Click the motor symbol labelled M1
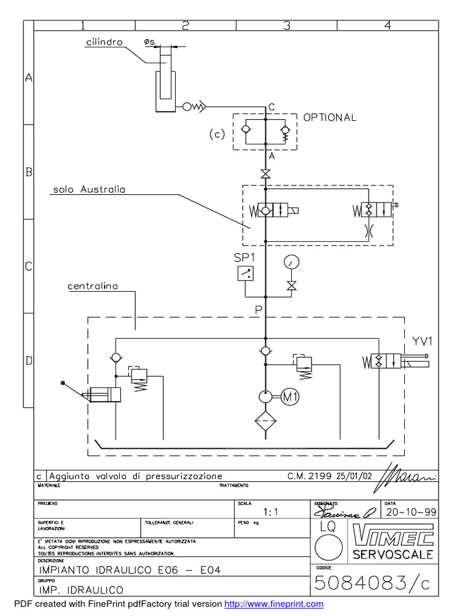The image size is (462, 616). coord(291,396)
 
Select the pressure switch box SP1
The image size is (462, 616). coord(245,274)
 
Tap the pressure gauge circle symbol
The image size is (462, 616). coord(292,262)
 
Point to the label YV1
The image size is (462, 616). coord(422,341)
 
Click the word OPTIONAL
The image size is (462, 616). coord(330,118)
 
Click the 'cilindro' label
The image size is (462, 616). coord(103,43)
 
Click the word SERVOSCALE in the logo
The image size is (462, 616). coord(393,555)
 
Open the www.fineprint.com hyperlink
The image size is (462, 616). coord(274,604)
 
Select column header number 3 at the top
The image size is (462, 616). coord(286,25)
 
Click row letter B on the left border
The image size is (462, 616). coord(28,172)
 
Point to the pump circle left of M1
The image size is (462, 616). coord(265,396)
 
